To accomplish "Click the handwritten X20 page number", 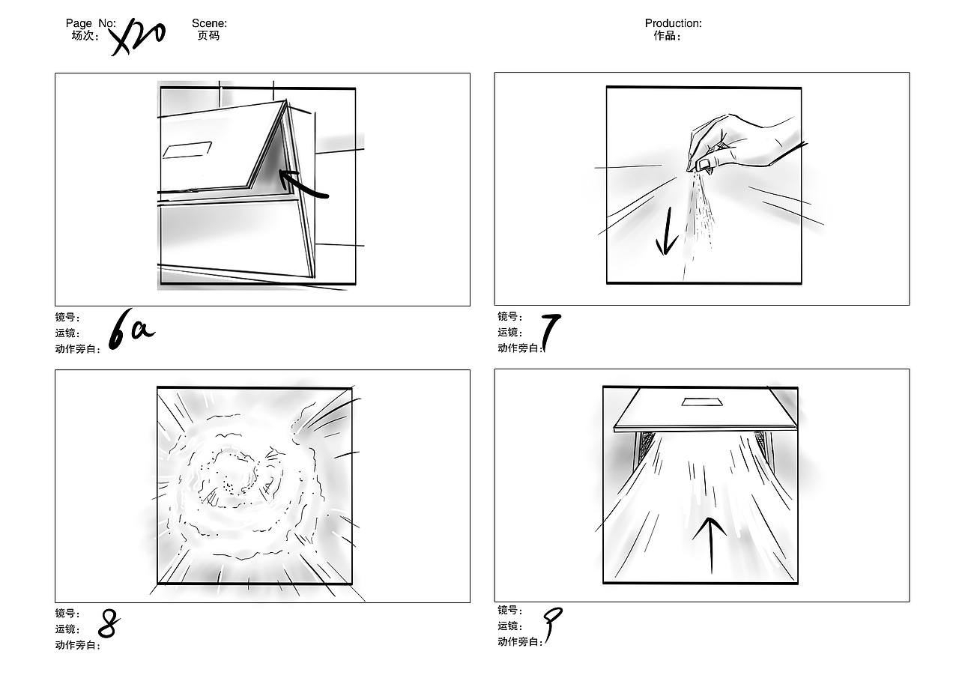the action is (136, 37).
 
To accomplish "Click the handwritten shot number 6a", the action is (131, 330).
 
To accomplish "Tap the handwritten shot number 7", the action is (551, 332).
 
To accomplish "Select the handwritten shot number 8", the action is (109, 623).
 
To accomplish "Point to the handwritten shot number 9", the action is (552, 624).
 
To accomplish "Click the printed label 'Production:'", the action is (674, 23).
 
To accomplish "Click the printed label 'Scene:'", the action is (209, 23).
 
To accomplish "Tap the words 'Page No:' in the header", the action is (91, 23).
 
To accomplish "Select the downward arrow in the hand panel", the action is (666, 231).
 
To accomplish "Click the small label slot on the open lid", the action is (187, 150).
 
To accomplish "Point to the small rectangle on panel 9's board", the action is (702, 402).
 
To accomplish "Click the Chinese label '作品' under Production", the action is (665, 35).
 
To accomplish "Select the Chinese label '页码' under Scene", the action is (208, 35).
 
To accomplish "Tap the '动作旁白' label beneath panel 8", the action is (76, 645).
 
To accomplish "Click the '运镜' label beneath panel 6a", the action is (65, 333).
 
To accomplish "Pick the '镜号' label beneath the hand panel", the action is (508, 316).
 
